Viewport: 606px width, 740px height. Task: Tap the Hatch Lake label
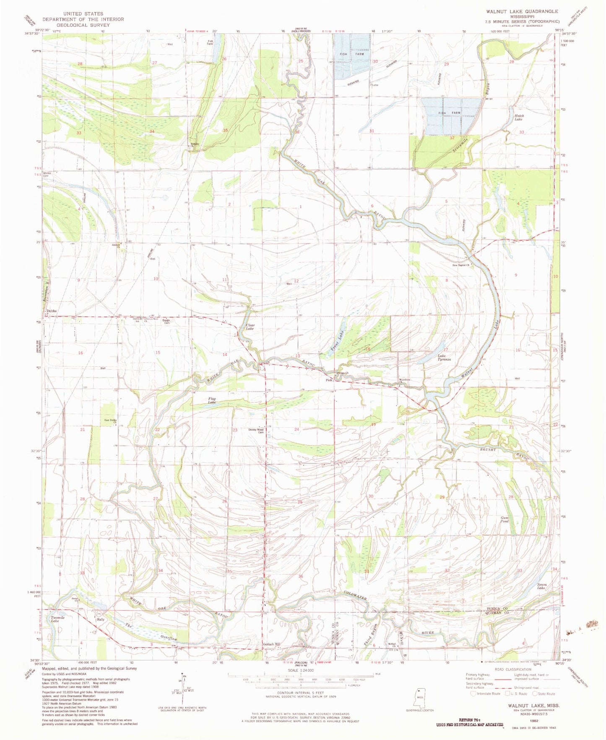519,118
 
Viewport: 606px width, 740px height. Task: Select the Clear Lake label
250,327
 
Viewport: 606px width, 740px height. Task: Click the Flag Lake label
212,401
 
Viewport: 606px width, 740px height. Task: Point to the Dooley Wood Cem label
256,431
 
